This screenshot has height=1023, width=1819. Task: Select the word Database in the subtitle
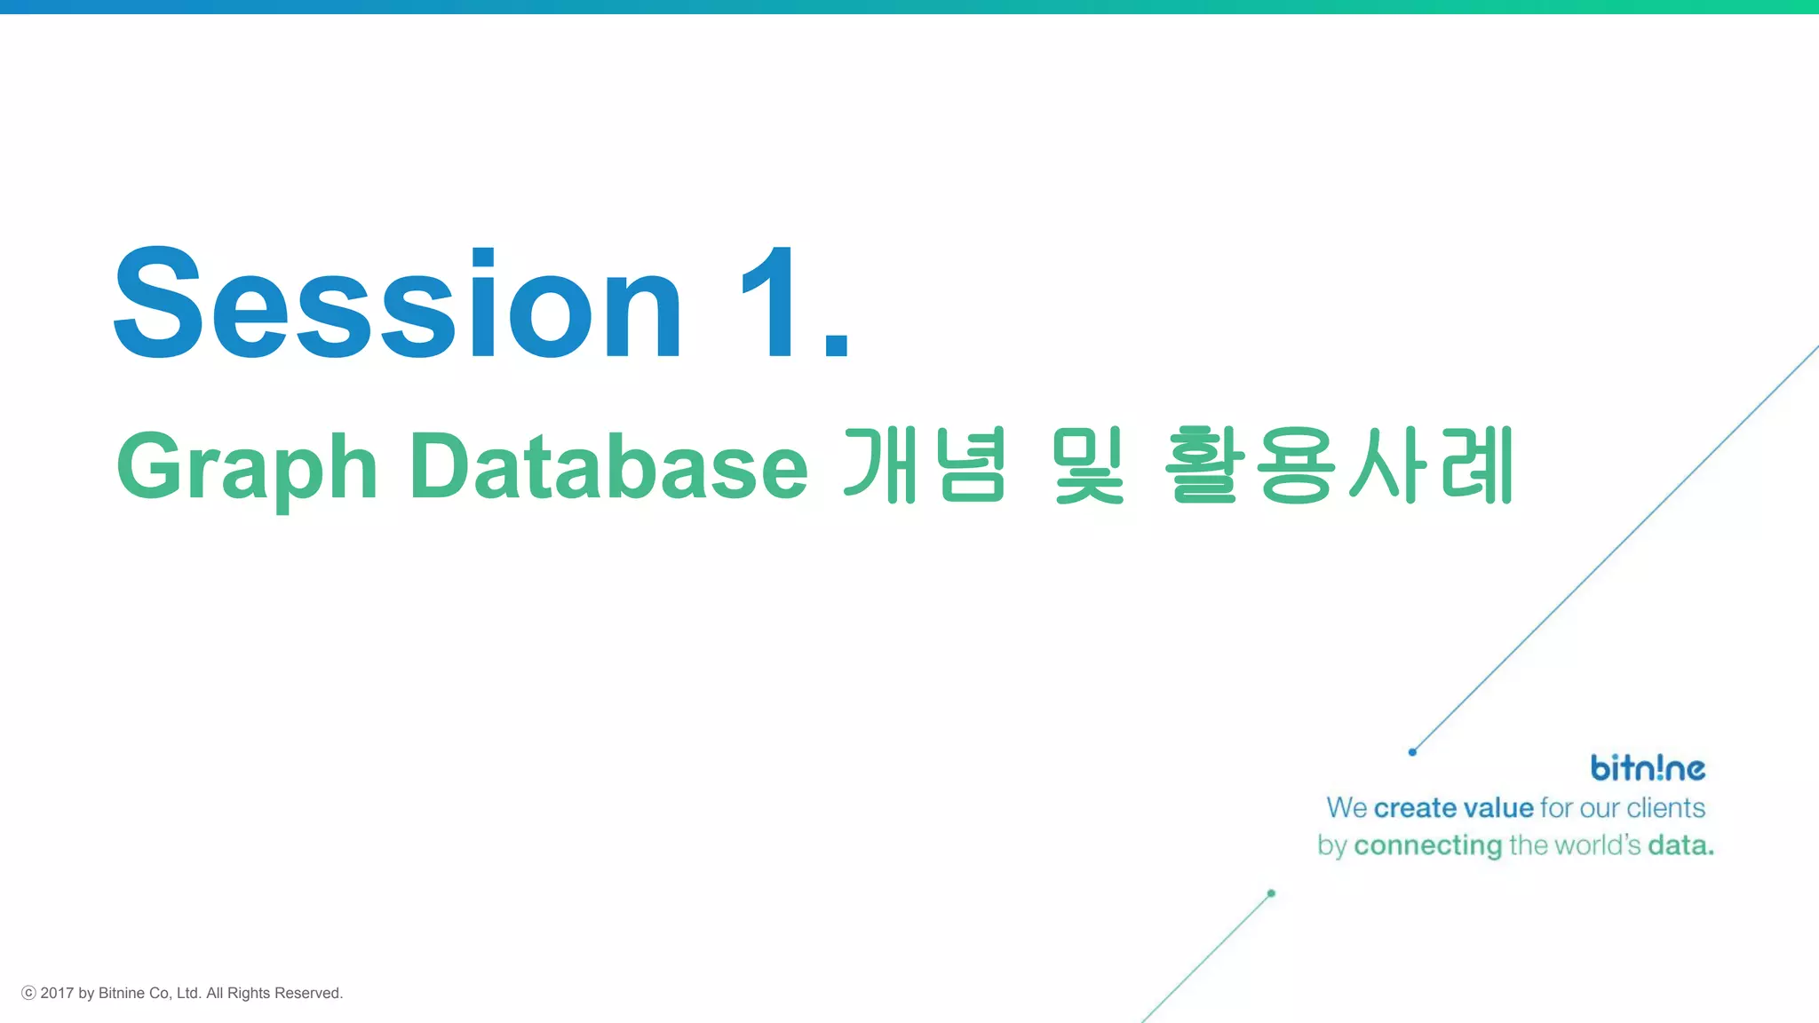tap(608, 466)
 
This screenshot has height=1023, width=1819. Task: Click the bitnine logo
tap(1648, 768)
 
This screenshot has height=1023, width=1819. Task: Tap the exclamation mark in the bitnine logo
tap(1657, 767)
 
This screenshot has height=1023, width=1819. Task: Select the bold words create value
tap(1453, 808)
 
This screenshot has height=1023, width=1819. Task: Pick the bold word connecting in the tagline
tap(1427, 845)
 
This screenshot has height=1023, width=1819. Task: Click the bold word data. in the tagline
tap(1680, 845)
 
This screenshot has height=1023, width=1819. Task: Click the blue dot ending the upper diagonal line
tap(1412, 752)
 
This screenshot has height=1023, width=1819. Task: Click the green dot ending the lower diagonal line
tap(1271, 893)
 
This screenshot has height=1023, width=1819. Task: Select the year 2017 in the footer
tap(57, 993)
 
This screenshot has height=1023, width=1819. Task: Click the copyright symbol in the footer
tap(28, 993)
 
